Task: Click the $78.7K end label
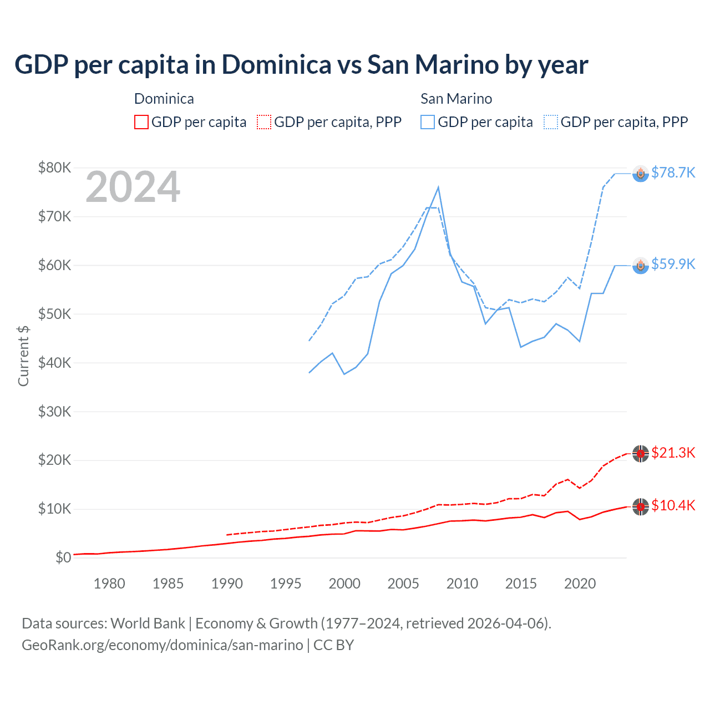(x=673, y=173)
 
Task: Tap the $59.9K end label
(x=673, y=264)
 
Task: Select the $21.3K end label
(x=673, y=453)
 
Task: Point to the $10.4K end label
(x=673, y=505)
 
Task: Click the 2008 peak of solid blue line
(x=438, y=187)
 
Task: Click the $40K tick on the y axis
(x=54, y=363)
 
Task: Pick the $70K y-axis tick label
(x=54, y=216)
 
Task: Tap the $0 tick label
(x=63, y=557)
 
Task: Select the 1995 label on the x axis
(x=286, y=584)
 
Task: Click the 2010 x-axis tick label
(x=462, y=584)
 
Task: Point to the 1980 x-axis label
(x=109, y=584)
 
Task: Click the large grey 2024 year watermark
(x=133, y=187)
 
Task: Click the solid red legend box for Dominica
(x=141, y=122)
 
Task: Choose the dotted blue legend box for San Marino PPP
(x=551, y=122)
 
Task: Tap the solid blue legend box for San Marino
(x=428, y=122)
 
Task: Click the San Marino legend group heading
(x=456, y=99)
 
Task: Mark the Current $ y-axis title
(x=23, y=356)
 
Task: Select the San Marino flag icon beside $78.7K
(x=641, y=174)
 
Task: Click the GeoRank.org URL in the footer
(x=162, y=645)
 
